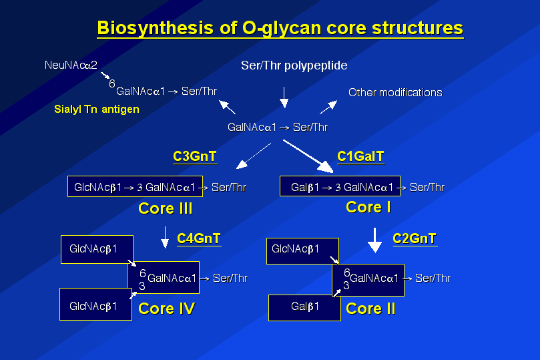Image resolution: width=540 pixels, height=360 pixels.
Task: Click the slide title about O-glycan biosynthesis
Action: pos(280,28)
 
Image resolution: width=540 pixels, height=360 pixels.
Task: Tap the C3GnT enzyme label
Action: pos(195,157)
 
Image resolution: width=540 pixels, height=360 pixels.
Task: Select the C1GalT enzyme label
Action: pos(360,157)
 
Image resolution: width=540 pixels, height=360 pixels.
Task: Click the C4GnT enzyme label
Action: pos(199,238)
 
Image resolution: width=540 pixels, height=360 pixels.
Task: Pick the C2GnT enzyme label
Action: pos(415,238)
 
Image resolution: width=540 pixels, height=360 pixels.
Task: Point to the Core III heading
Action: pos(166,208)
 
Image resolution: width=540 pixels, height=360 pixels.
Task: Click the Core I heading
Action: pos(368,208)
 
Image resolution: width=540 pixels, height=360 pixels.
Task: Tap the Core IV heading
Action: pos(166,309)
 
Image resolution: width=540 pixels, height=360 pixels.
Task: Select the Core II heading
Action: pos(370,309)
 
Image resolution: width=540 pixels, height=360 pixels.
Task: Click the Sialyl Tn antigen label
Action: pos(97,110)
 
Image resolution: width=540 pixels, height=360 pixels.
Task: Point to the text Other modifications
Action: pos(395,92)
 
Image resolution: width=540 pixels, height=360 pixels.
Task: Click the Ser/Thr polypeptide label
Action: pos(294,65)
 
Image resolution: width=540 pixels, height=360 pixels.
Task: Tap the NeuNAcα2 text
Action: pos(71,65)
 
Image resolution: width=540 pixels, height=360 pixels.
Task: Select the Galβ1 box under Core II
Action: pos(304,308)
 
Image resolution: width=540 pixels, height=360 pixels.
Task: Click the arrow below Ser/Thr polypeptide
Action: pos(284,98)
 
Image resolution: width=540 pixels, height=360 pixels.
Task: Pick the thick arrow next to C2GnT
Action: pos(374,240)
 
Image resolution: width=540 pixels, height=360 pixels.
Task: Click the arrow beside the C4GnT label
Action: pos(165,237)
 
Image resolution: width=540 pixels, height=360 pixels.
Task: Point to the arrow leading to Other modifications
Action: pos(328,107)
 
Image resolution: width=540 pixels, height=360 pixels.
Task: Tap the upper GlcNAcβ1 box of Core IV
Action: pos(97,249)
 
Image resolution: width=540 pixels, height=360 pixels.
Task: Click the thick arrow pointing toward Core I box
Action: pos(308,156)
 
